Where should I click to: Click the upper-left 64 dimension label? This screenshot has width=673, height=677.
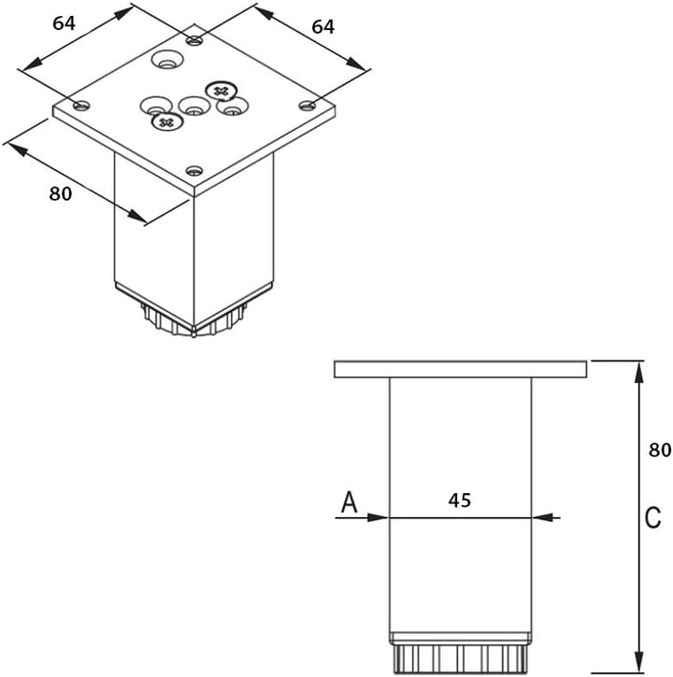(x=64, y=23)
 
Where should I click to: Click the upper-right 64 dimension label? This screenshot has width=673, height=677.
(x=322, y=27)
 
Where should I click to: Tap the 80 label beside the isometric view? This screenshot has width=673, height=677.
(x=60, y=193)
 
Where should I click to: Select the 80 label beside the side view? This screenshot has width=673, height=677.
(x=660, y=450)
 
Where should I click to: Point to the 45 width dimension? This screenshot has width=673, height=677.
(x=459, y=501)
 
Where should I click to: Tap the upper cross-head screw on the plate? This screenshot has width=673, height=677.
(x=221, y=91)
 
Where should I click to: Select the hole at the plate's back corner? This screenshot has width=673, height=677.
(x=193, y=40)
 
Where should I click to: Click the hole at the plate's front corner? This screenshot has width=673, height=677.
(x=193, y=170)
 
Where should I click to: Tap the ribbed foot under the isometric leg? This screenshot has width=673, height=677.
(x=193, y=322)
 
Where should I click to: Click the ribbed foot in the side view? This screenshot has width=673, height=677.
(x=461, y=656)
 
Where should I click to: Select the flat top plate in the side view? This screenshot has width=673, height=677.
(x=461, y=369)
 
